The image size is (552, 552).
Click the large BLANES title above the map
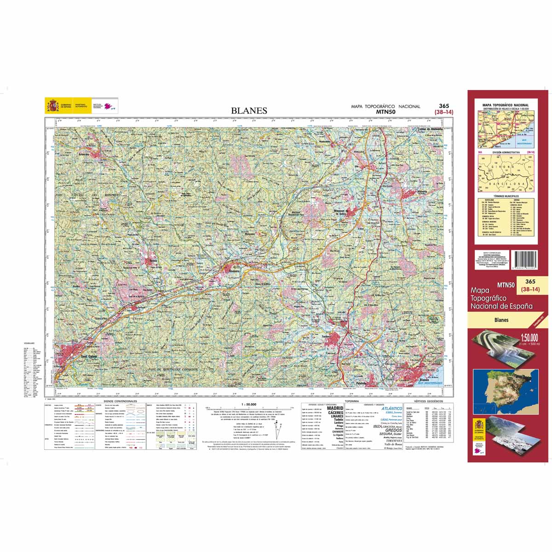coord(249,110)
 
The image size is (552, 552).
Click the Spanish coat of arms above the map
coord(52,106)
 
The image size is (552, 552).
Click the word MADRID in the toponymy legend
coord(335,408)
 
